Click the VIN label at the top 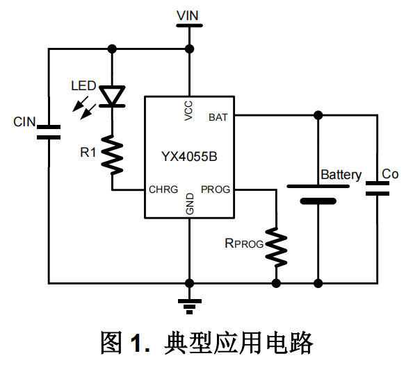[188, 16]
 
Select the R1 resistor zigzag [112, 155]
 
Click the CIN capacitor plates [49, 133]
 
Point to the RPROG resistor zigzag [276, 247]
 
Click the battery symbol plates [318, 194]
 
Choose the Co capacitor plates [378, 189]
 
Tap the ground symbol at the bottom [189, 307]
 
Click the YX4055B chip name [189, 157]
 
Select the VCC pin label [188, 111]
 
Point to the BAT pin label [218, 117]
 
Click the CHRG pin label [163, 189]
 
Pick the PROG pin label [216, 189]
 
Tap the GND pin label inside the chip [190, 204]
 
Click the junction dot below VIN [189, 49]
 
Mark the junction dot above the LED [112, 49]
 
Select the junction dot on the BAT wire [318, 115]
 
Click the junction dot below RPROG [276, 283]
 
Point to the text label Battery [341, 175]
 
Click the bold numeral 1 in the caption [136, 342]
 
